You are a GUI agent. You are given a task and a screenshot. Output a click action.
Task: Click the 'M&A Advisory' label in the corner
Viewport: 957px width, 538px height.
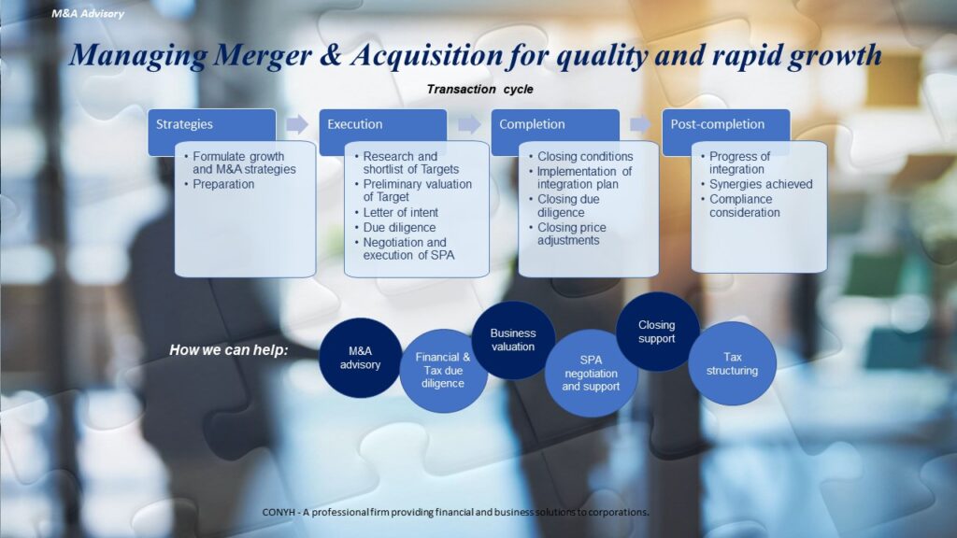coord(88,13)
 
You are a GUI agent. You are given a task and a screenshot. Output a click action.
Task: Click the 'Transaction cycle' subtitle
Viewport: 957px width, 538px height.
coord(479,89)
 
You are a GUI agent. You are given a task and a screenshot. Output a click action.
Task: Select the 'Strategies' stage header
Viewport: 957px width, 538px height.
coord(211,124)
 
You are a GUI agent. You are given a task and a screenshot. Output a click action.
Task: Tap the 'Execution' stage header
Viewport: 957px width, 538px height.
coord(382,124)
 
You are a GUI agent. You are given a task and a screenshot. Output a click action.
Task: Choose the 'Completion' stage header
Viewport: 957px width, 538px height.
coord(555,124)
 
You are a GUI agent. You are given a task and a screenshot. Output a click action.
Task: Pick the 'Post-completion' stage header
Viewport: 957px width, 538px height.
coord(725,124)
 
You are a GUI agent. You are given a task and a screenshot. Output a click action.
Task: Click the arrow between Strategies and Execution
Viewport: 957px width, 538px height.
coord(297,124)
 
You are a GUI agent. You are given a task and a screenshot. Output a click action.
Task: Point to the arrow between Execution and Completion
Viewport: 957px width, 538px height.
coord(469,124)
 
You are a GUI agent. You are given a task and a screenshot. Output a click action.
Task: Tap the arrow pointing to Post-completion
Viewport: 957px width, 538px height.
coord(640,124)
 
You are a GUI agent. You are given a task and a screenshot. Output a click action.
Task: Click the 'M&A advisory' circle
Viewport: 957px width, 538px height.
coord(360,358)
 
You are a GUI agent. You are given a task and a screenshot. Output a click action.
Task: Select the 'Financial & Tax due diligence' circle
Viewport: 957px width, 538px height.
coord(443,371)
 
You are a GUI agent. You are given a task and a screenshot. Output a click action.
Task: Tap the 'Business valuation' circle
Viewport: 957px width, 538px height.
coord(513,340)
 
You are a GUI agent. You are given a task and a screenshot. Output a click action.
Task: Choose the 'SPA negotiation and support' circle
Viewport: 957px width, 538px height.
coord(591,374)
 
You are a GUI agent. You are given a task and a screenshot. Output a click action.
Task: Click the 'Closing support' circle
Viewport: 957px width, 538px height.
coord(657,332)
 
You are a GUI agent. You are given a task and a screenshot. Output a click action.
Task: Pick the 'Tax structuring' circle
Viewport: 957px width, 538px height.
coord(733,364)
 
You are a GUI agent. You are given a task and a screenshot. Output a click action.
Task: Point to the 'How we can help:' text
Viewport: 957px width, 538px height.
coord(229,350)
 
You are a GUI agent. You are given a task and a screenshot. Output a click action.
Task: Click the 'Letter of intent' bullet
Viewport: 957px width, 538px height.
coord(400,212)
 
